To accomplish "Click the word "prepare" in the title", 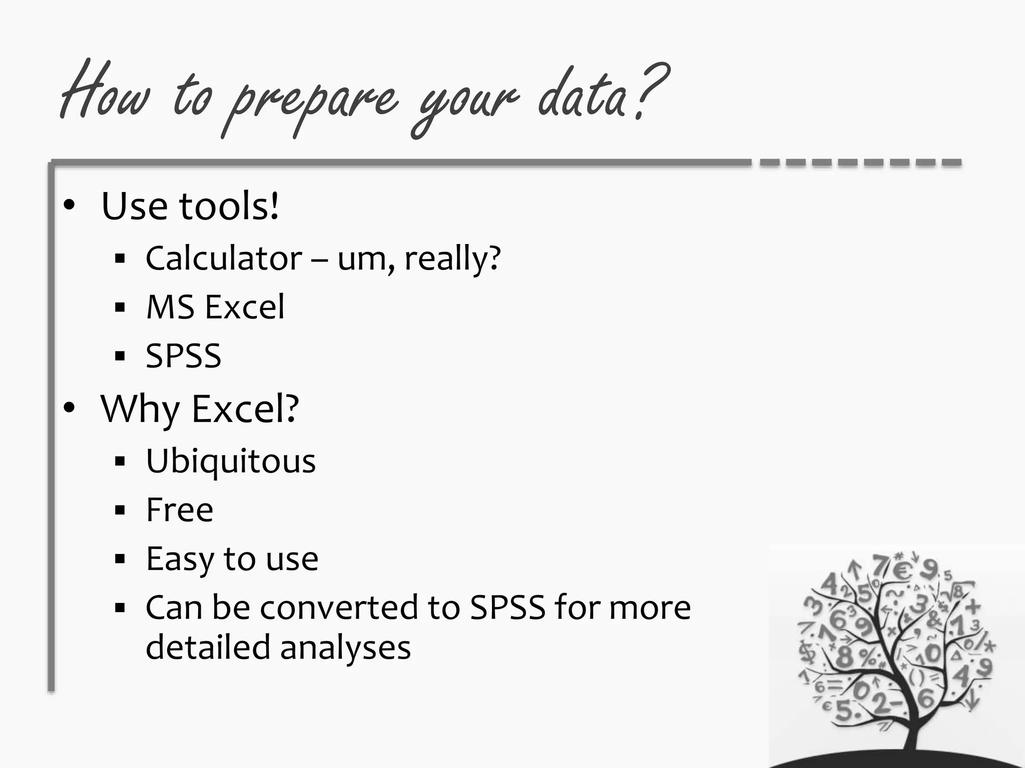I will [310, 100].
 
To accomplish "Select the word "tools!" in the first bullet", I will [229, 206].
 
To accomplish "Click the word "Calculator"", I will [224, 258].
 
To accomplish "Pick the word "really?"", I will [452, 258].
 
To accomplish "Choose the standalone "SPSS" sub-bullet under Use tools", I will [183, 356].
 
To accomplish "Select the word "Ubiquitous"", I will [231, 460].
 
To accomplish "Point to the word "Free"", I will [180, 510].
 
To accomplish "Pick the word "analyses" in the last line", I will [345, 647].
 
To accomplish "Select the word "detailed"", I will [208, 647].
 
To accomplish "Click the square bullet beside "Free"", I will [120, 510].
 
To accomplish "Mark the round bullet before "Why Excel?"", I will [69, 408].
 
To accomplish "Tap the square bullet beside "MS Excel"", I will [120, 307].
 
